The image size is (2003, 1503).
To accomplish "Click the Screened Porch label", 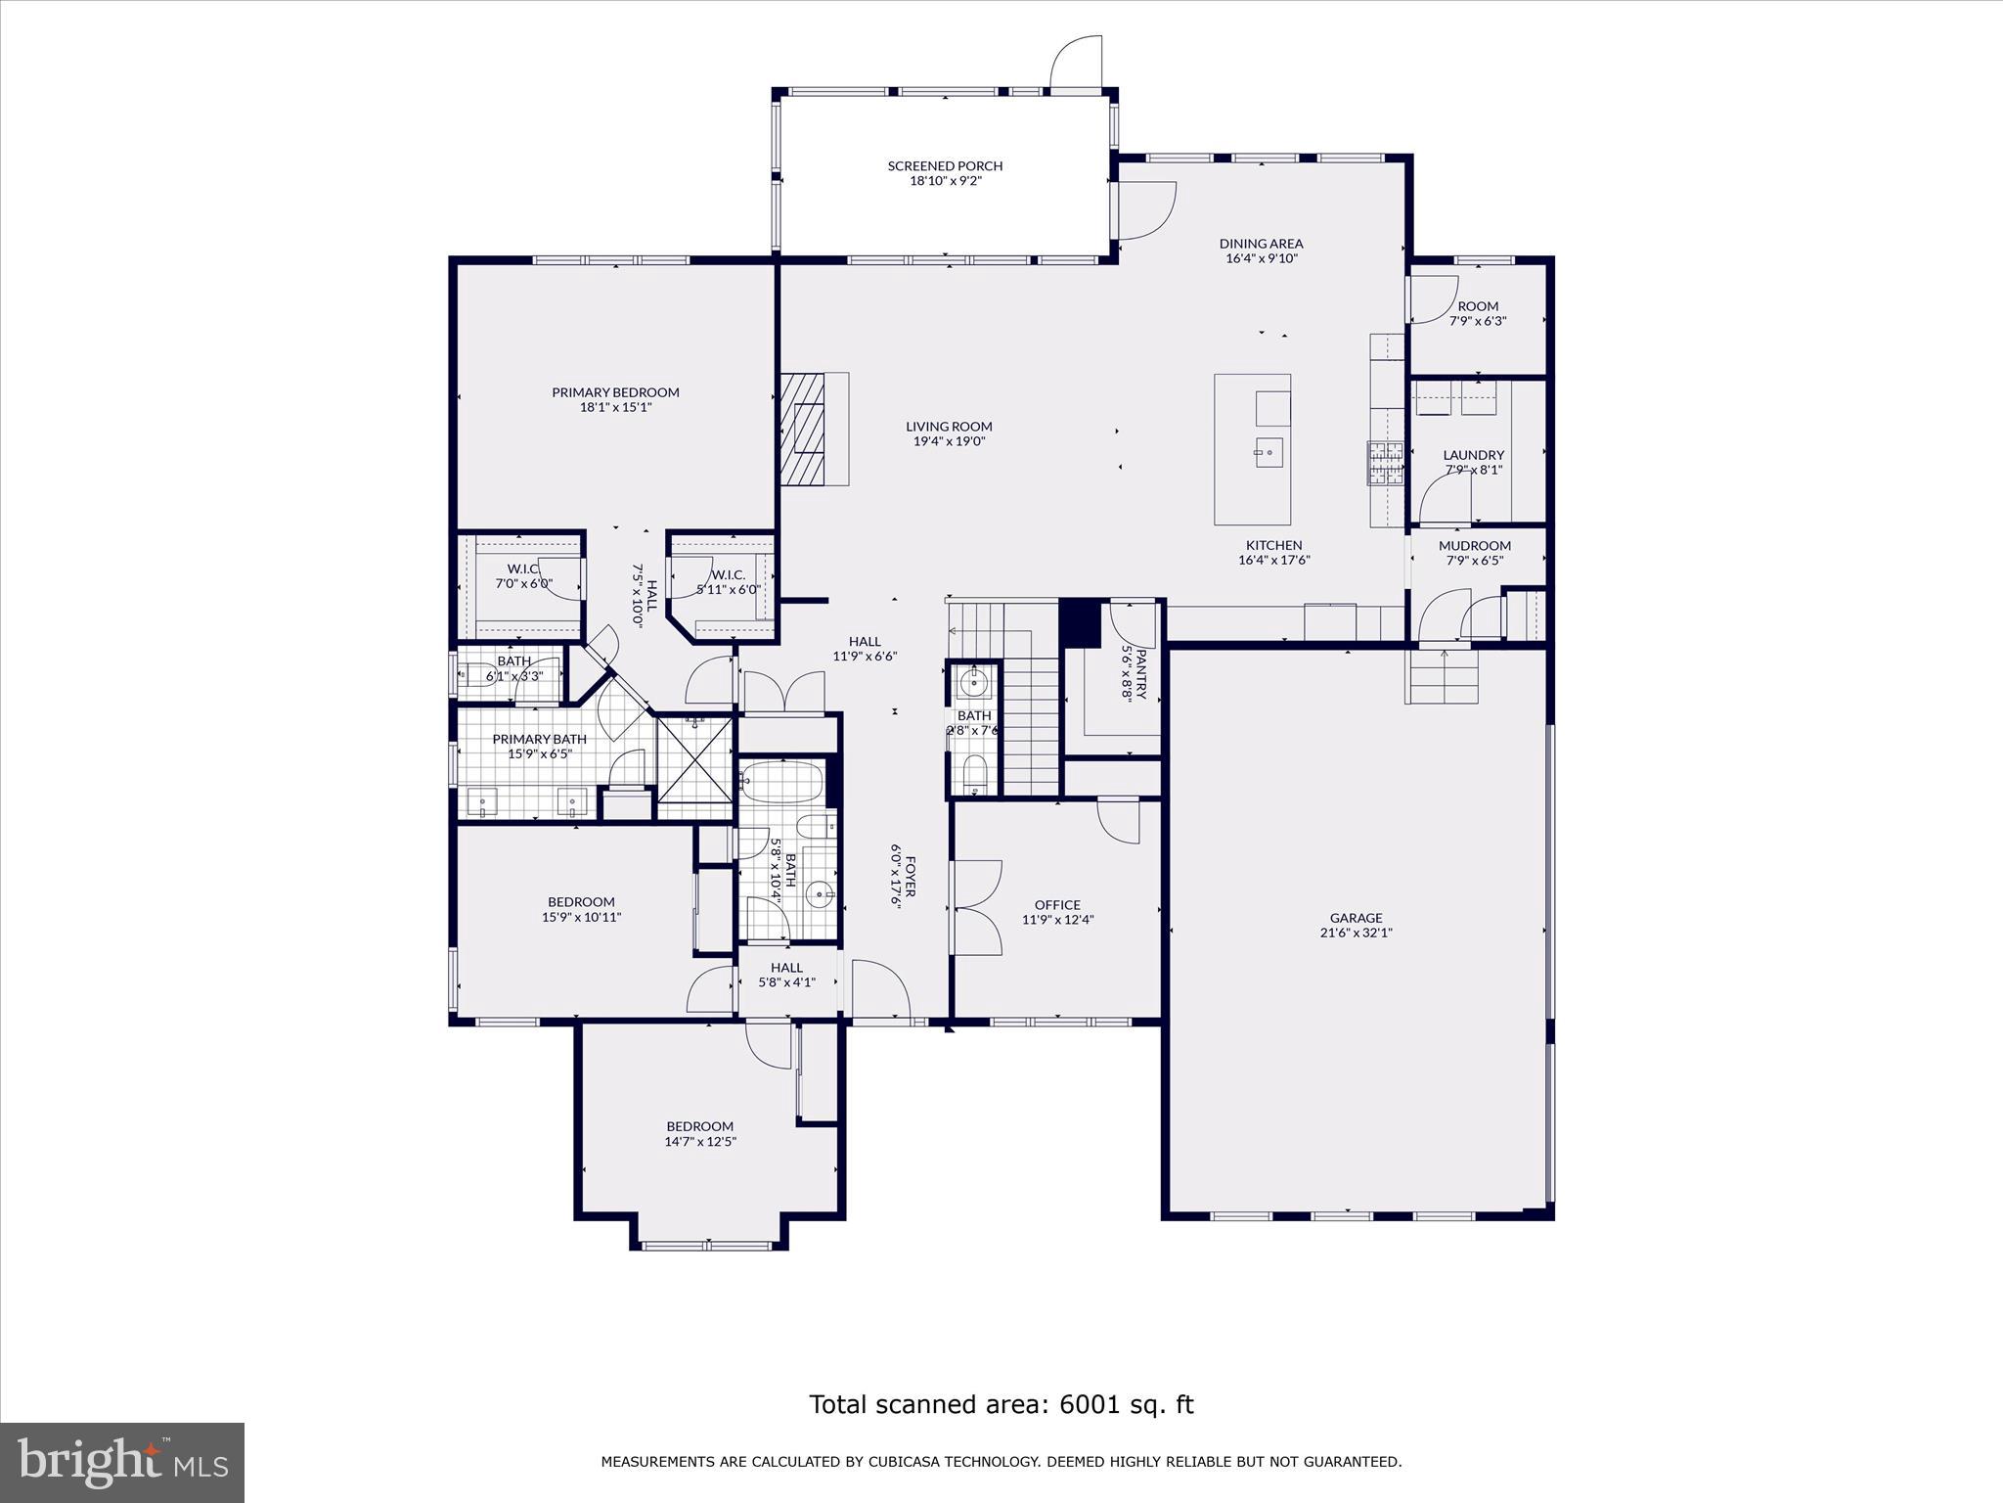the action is tap(945, 165).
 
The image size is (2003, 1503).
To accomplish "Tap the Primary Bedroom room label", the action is tap(615, 392).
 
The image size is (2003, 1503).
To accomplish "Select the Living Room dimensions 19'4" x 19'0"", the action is tap(949, 441).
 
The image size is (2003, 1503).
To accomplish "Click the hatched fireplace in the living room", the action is tap(803, 428).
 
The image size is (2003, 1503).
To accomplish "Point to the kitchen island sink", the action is tap(1268, 451).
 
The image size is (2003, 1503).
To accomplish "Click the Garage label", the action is tap(1356, 918).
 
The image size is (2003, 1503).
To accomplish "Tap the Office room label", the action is tap(1057, 905).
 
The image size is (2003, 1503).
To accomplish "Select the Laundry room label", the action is tap(1473, 455).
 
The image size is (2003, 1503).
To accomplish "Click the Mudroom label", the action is tap(1474, 546).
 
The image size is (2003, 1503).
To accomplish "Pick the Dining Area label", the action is tap(1261, 244).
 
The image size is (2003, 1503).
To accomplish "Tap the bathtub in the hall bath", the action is tap(781, 782).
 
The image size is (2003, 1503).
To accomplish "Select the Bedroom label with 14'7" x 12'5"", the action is tap(699, 1126).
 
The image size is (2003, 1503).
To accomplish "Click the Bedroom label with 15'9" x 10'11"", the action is tap(581, 902).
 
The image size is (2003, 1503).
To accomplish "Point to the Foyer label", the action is tap(910, 877).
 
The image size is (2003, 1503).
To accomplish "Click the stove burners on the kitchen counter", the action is tap(1385, 462).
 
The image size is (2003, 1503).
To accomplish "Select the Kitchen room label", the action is tap(1273, 546).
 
